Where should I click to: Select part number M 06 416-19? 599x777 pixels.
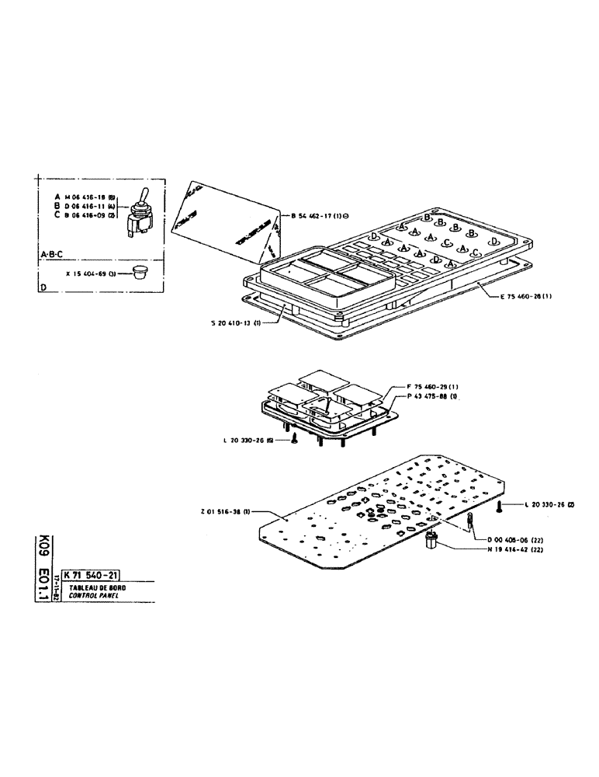coord(83,197)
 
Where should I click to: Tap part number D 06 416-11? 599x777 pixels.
coord(83,207)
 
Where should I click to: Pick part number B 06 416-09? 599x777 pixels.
coord(83,216)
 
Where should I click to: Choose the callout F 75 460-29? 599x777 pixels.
coord(434,386)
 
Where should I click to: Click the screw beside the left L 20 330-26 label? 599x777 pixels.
coord(295,441)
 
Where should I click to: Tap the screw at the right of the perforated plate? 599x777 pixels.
coord(500,507)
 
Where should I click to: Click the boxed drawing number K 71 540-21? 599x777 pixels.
coord(95,575)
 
